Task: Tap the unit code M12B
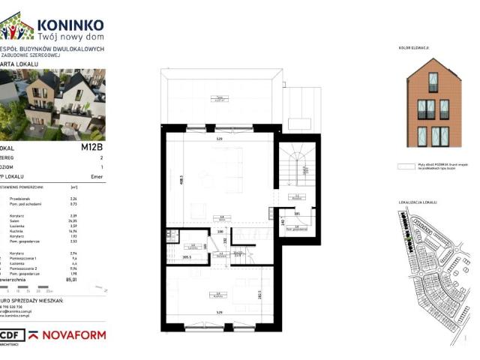(91, 147)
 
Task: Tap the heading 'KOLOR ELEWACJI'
(413, 48)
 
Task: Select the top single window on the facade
(430, 81)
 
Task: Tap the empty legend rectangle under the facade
(406, 167)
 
